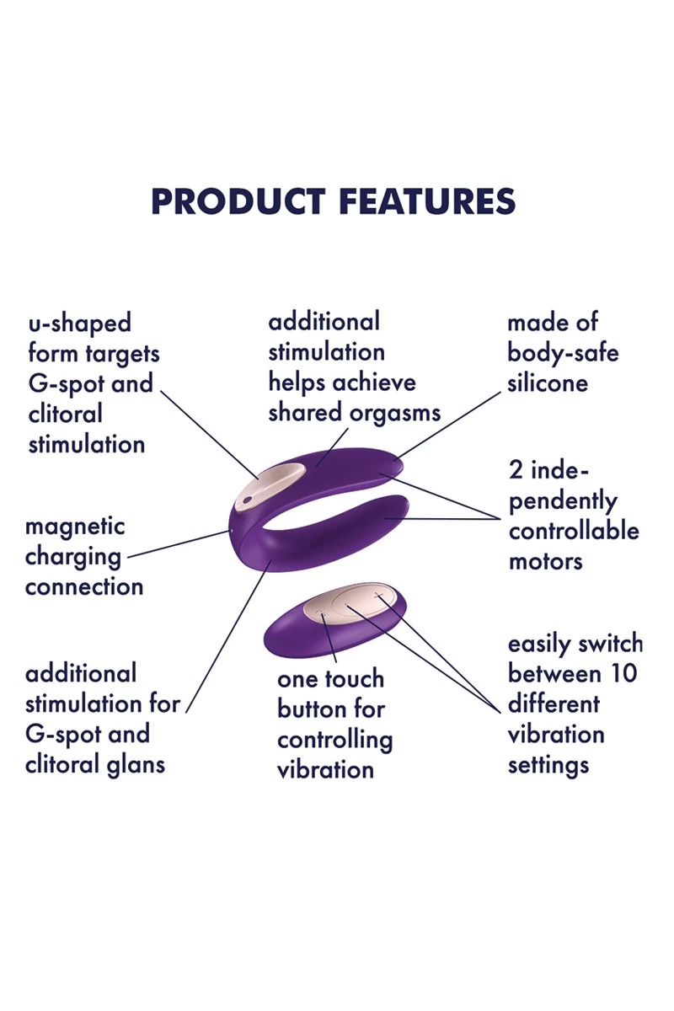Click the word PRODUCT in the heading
(238, 201)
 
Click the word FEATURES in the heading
(427, 201)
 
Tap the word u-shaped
(80, 324)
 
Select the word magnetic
(75, 527)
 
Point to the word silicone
(548, 383)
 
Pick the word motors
(546, 561)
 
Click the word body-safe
(563, 352)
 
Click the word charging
(73, 558)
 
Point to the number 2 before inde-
(516, 470)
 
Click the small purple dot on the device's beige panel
(247, 500)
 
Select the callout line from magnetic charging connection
(179, 544)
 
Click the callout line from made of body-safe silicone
(449, 425)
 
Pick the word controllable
(574, 532)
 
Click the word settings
(548, 766)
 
